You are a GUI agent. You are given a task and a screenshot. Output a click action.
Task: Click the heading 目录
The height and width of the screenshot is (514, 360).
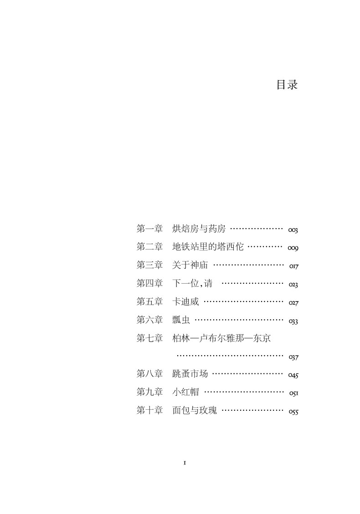[x=287, y=85]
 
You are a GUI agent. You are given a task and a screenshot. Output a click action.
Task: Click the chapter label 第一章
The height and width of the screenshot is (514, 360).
[x=149, y=229]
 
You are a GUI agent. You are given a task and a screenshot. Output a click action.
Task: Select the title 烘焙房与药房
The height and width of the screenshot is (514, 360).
[x=199, y=229]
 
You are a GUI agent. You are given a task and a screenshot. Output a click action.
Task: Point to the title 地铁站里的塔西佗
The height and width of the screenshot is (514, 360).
[x=208, y=247]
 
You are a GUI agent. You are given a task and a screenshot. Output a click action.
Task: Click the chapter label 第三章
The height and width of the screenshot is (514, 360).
[x=149, y=265]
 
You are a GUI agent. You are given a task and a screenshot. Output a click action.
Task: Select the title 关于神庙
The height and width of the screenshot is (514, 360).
[x=190, y=265]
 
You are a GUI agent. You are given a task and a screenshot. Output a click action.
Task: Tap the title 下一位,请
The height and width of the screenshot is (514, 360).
[x=192, y=283]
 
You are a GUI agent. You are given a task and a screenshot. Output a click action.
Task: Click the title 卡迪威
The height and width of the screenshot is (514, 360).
[x=185, y=301]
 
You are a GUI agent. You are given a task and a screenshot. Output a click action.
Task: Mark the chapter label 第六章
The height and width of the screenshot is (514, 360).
[x=149, y=320]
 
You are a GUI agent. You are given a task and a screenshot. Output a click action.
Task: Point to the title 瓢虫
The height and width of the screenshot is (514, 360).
[x=181, y=320]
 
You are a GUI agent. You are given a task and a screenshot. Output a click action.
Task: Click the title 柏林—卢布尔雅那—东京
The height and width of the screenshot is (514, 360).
[x=222, y=338]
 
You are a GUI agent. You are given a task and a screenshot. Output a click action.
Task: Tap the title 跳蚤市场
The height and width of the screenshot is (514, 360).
[x=190, y=374]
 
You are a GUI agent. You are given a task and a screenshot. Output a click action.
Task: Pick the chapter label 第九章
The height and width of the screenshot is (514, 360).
[x=149, y=392]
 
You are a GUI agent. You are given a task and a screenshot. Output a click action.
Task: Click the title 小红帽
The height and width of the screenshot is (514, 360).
[x=185, y=392]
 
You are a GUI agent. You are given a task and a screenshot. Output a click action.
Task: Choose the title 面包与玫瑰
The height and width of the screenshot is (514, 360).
[x=195, y=411]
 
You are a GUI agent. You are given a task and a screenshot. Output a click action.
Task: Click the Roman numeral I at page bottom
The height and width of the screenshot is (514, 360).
[x=185, y=463]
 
